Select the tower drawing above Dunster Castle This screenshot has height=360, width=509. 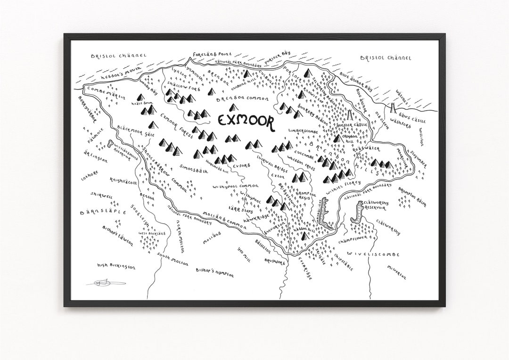tap(350, 115)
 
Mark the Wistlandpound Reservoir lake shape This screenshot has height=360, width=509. tap(110, 144)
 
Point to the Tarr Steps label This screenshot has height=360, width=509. tap(241, 211)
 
